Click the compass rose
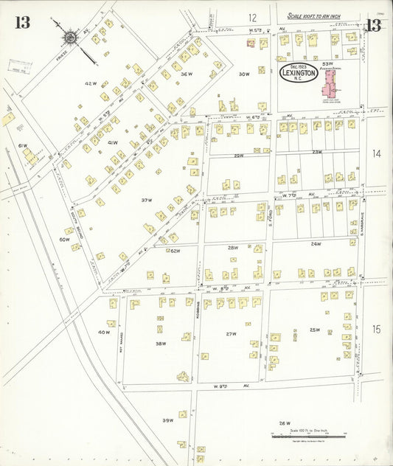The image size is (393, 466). [70, 35]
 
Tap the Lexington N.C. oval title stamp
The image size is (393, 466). [299, 74]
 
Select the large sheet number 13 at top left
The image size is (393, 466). [22, 22]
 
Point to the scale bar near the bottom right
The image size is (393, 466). [307, 437]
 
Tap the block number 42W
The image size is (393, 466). [91, 83]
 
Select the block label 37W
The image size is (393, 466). [147, 200]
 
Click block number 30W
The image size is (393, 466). [244, 74]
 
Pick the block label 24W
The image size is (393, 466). [316, 243]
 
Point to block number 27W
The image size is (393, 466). [231, 333]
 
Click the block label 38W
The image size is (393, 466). [160, 344]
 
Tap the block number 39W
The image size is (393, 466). [167, 420]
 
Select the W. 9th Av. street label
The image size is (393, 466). [228, 386]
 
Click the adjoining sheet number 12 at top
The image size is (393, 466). [252, 18]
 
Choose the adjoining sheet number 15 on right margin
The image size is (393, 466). [376, 330]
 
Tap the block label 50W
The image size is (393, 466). [64, 240]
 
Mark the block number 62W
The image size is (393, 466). [175, 251]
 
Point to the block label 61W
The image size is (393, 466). [23, 146]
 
